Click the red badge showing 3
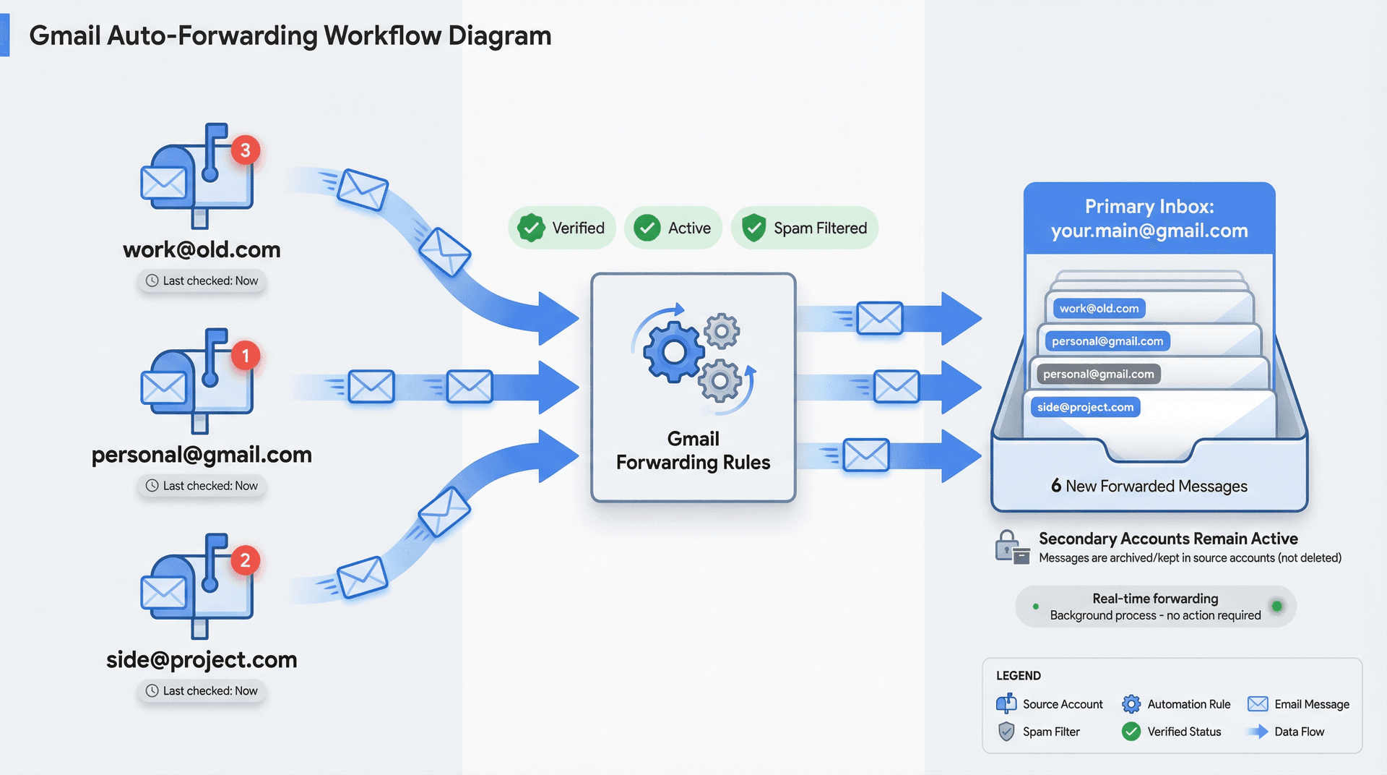(x=246, y=150)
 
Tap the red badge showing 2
(x=246, y=560)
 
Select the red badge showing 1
(x=246, y=356)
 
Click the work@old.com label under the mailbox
(x=202, y=249)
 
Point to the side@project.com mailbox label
(x=202, y=659)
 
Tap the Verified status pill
(x=562, y=228)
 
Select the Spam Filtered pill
(x=805, y=228)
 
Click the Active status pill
(x=673, y=228)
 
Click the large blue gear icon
(x=673, y=352)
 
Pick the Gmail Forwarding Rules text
(x=693, y=450)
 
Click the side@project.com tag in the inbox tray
(x=1085, y=407)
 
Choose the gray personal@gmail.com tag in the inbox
(x=1098, y=374)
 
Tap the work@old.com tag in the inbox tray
(x=1098, y=309)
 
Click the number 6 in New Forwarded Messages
(x=1056, y=486)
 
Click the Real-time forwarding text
(x=1154, y=599)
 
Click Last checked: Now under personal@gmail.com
(x=202, y=486)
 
